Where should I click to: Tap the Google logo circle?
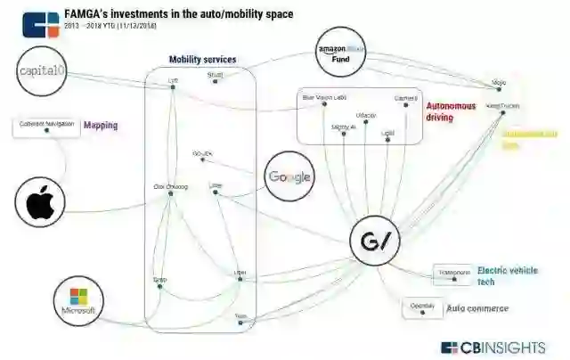pyautogui.click(x=289, y=176)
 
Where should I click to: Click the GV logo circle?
pyautogui.click(x=375, y=240)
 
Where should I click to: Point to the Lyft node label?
pyautogui.click(x=173, y=78)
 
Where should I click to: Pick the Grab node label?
pyautogui.click(x=160, y=279)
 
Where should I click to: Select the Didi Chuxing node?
pyautogui.click(x=171, y=186)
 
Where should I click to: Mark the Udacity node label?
pyautogui.click(x=365, y=115)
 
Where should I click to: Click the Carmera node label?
pyautogui.click(x=404, y=97)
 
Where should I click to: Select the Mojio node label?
pyautogui.click(x=499, y=84)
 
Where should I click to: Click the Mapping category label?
pyautogui.click(x=101, y=126)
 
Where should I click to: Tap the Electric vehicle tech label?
pyautogui.click(x=506, y=275)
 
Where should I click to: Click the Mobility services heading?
pyautogui.click(x=202, y=60)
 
